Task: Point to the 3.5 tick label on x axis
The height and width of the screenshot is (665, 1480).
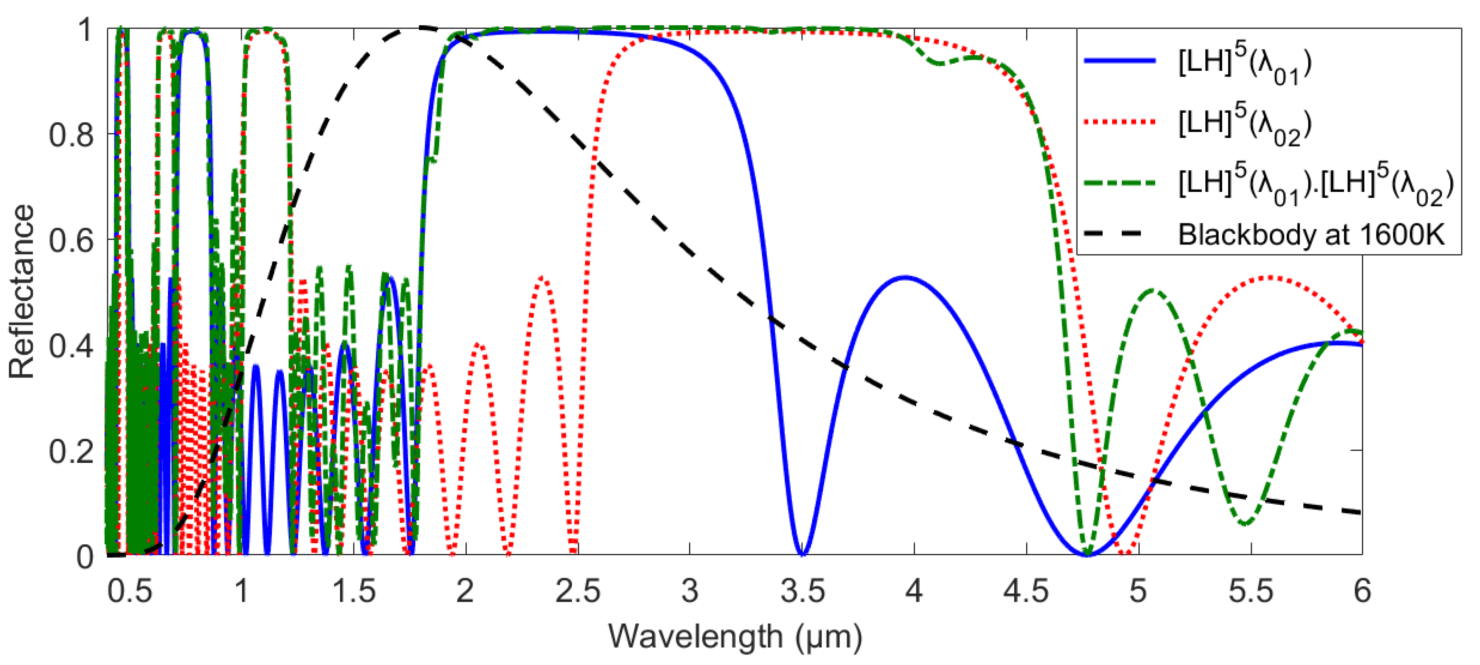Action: pyautogui.click(x=802, y=591)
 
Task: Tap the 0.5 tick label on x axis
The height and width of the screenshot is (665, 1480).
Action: pyautogui.click(x=130, y=591)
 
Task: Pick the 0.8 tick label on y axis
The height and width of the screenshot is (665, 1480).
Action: pyautogui.click(x=71, y=135)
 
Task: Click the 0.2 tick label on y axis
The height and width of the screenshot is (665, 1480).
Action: pyautogui.click(x=71, y=451)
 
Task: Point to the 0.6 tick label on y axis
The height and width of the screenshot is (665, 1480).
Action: pyautogui.click(x=71, y=240)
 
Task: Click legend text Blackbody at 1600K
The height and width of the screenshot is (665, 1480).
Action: pyautogui.click(x=1311, y=235)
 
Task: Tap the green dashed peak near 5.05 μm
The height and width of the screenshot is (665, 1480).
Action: pyautogui.click(x=1152, y=291)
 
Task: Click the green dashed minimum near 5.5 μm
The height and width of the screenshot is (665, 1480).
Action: pyautogui.click(x=1244, y=523)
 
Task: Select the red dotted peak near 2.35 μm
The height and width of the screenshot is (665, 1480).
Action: pyautogui.click(x=543, y=278)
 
